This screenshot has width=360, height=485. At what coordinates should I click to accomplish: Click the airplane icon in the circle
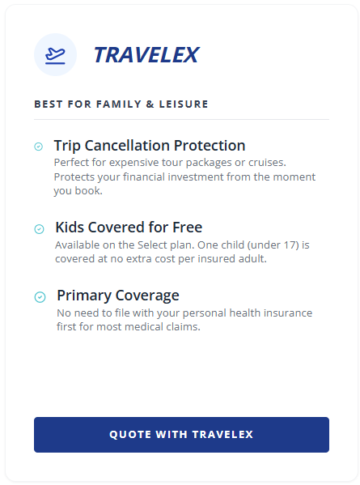coord(55,56)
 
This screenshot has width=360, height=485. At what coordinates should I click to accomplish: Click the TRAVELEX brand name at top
coord(146,55)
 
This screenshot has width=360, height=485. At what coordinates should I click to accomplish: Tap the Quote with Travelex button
coord(181,435)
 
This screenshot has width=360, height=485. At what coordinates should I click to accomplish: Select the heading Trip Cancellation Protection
coord(150,146)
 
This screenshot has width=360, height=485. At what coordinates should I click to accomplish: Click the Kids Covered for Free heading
coord(129,228)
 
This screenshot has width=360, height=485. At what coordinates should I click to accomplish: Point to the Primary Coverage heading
coord(118,296)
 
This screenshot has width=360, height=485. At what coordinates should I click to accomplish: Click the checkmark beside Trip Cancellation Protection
coord(38,147)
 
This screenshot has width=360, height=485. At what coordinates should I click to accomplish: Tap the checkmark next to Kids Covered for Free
coord(39,229)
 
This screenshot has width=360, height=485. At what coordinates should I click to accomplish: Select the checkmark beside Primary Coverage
coord(40,297)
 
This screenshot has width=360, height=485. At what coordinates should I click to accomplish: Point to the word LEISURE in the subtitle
coord(184,104)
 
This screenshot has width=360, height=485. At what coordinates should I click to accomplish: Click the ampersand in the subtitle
coord(150,104)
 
